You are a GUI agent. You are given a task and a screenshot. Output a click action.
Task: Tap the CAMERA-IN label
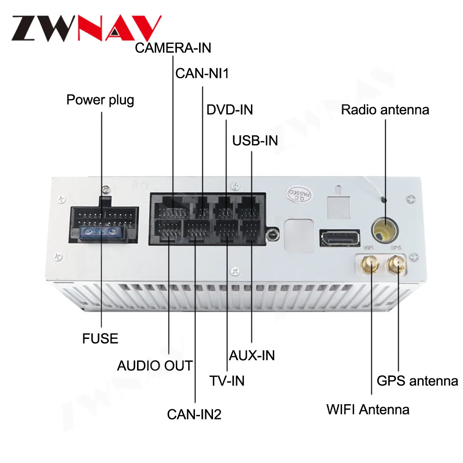[173, 48]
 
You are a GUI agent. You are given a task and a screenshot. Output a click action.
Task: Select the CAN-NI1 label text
[202, 74]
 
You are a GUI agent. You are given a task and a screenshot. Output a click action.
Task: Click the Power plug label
[100, 100]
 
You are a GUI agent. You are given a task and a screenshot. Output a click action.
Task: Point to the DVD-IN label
[230, 110]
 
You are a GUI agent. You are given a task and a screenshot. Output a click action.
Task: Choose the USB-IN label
[255, 141]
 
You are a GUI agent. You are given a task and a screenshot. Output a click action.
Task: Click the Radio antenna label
[385, 110]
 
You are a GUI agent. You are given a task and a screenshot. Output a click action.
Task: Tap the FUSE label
[100, 338]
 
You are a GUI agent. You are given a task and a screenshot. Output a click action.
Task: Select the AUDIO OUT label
[155, 366]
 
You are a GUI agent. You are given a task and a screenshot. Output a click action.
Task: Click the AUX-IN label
[252, 355]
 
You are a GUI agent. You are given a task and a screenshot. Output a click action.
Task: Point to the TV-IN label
[227, 381]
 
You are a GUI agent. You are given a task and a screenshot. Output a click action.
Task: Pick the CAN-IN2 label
[194, 414]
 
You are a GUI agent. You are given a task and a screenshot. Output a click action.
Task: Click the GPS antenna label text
[417, 381]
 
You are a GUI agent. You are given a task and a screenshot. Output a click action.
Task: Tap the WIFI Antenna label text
[368, 410]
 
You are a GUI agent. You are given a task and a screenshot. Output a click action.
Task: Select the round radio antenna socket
[384, 230]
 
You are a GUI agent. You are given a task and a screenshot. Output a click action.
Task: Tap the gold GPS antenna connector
[397, 264]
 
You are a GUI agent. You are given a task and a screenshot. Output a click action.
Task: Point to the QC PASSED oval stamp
[299, 194]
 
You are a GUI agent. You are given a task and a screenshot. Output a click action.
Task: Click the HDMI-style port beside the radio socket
[339, 238]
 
